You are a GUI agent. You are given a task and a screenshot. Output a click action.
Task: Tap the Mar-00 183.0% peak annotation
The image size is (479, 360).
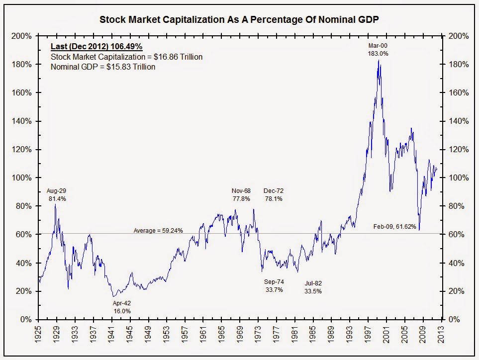click(x=378, y=49)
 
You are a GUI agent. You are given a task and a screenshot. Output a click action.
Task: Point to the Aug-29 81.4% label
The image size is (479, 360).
click(x=56, y=194)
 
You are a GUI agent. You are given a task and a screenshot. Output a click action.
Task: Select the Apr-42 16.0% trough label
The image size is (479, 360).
click(x=121, y=307)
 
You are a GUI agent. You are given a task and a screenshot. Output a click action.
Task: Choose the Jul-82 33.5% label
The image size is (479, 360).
click(x=313, y=287)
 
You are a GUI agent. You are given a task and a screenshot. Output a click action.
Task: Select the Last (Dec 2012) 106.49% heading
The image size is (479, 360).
click(x=97, y=47)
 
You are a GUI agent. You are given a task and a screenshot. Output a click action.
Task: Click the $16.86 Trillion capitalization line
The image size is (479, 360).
click(x=127, y=57)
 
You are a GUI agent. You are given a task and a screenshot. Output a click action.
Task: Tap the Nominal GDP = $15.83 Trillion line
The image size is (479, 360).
click(x=103, y=67)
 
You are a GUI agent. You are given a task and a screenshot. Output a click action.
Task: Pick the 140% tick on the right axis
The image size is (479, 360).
click(x=457, y=121)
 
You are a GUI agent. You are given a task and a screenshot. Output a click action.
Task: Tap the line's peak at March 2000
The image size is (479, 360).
click(x=379, y=61)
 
